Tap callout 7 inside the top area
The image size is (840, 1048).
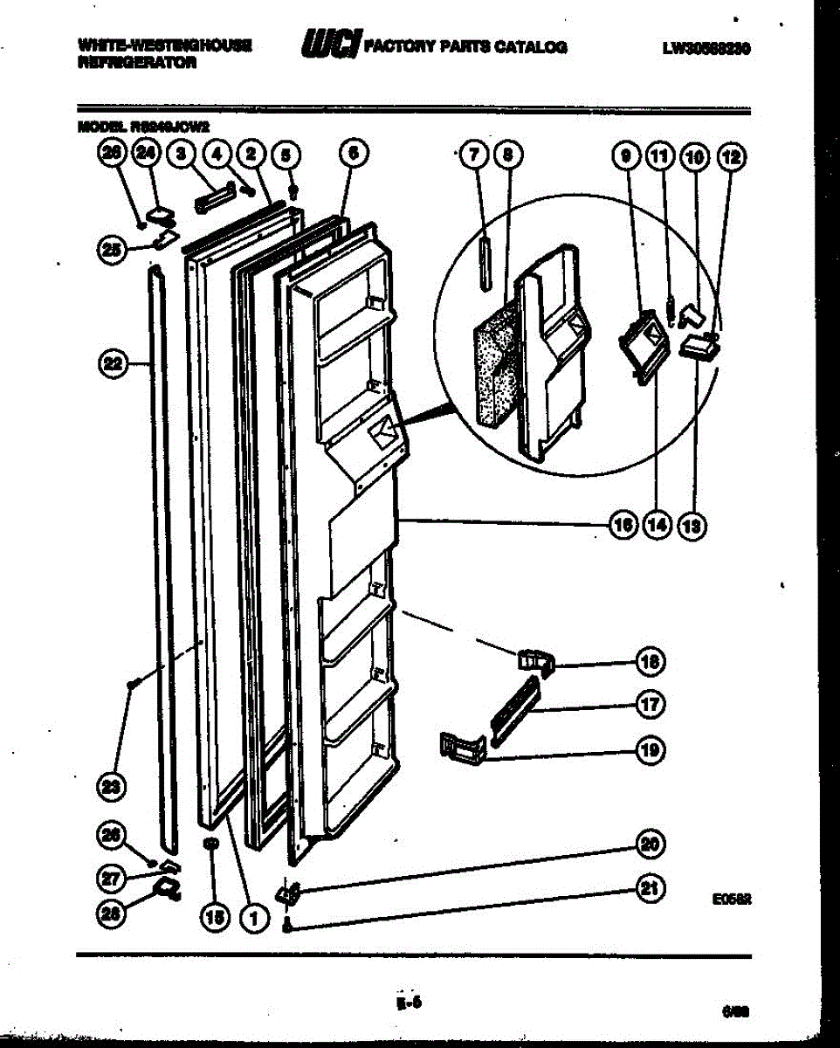point(472,156)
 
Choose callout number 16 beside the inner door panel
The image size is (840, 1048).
point(623,526)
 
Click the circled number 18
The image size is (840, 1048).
point(650,661)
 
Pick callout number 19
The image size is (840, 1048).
point(650,750)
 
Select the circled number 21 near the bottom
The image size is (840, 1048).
point(650,890)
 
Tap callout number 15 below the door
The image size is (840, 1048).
point(212,918)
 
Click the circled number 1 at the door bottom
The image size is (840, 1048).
point(254,918)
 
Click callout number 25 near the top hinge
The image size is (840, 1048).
point(112,249)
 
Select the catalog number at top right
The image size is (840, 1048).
point(707,48)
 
